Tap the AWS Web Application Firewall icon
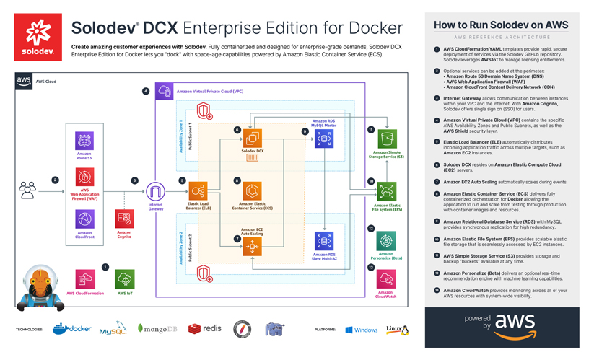84,177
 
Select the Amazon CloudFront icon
84,219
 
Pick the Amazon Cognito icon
124,219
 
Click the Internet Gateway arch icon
155,191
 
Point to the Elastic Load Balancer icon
198,191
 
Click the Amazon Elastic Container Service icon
252,191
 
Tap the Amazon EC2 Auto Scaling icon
252,246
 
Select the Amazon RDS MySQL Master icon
324,138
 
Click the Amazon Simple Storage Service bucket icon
387,139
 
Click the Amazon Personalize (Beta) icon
386,241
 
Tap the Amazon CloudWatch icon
386,279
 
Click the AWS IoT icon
125,279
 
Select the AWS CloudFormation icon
85,279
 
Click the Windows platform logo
349,330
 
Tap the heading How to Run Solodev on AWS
501,25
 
